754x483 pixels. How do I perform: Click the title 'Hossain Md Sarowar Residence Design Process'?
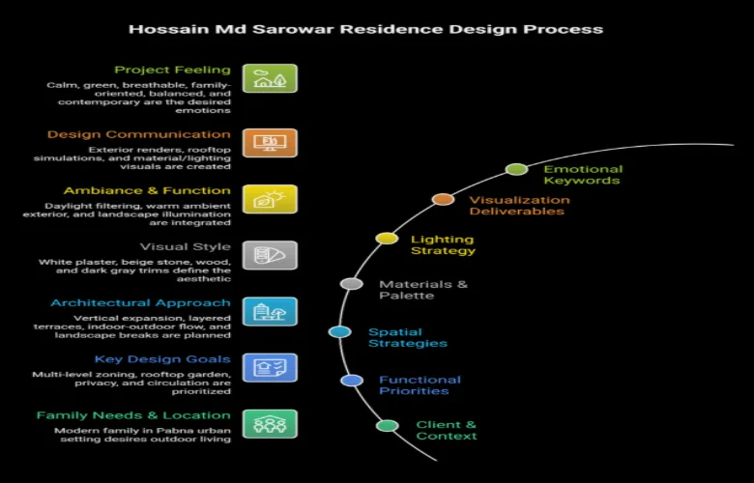click(366, 29)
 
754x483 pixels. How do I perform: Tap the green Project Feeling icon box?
click(270, 78)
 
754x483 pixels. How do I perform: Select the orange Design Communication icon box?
click(270, 143)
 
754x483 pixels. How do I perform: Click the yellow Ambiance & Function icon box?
click(270, 199)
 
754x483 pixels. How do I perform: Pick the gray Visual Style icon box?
click(270, 255)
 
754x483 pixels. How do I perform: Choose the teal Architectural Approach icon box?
click(270, 311)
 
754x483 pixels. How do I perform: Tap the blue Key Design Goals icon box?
click(270, 367)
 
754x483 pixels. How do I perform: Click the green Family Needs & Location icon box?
click(270, 423)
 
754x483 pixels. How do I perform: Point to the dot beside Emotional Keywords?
click(516, 169)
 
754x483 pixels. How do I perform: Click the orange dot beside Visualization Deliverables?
click(443, 199)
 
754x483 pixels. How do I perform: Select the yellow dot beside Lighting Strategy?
click(387, 238)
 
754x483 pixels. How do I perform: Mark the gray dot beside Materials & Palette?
click(352, 284)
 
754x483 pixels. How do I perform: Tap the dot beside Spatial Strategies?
click(339, 331)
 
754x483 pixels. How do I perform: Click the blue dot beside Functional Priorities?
click(352, 380)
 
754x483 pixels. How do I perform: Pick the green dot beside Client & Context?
click(387, 425)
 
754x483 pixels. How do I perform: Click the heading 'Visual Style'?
click(185, 246)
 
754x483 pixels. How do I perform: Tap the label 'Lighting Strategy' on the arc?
click(443, 244)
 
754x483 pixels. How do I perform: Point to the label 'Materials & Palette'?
click(423, 290)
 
